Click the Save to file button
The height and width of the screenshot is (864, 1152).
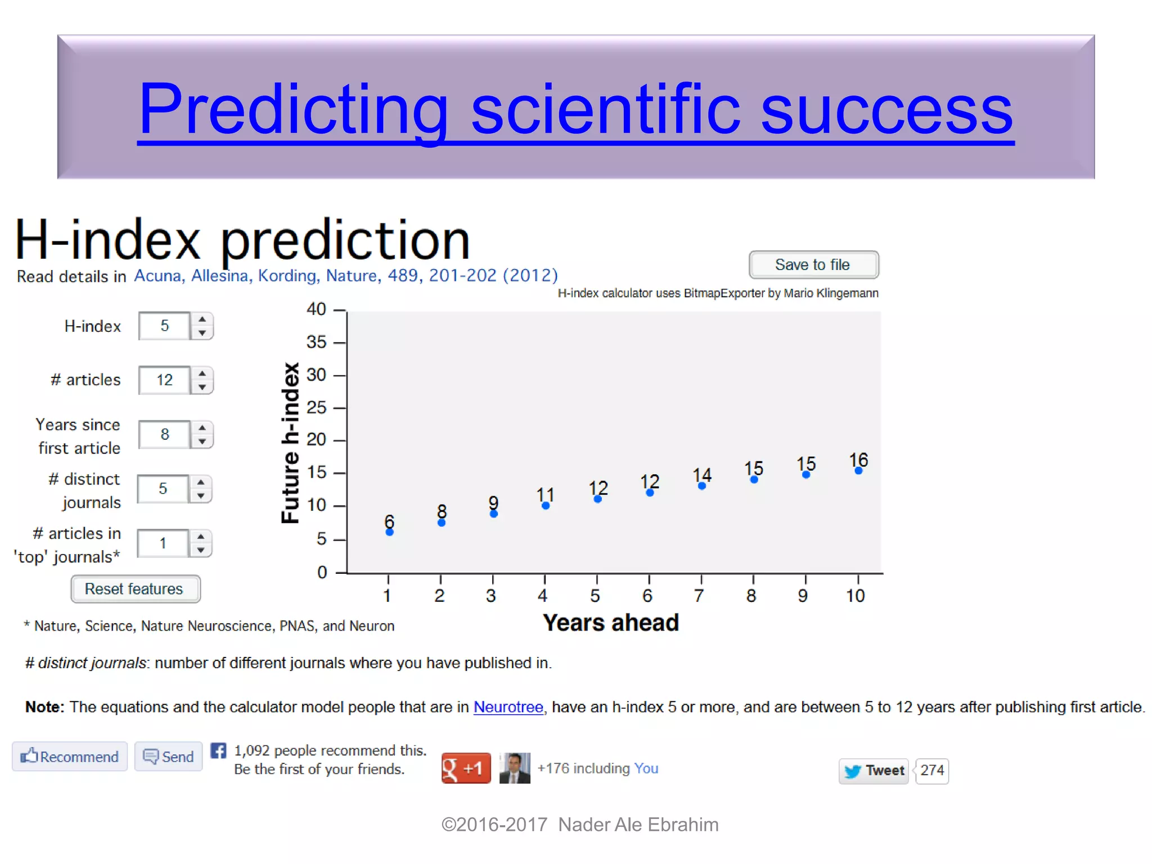[x=813, y=264]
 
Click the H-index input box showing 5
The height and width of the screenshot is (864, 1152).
[x=164, y=326]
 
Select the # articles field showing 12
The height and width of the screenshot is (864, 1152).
[x=164, y=380]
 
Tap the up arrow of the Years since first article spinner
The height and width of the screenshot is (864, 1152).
[x=202, y=427]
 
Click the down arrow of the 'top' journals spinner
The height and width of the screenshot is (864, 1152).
[x=201, y=550]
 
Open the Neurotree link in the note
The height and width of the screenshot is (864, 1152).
[x=508, y=706]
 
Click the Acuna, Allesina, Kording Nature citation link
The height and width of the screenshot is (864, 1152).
[x=345, y=276]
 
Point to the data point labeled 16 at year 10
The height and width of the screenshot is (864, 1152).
[x=858, y=471]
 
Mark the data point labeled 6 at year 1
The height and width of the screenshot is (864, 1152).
[x=389, y=532]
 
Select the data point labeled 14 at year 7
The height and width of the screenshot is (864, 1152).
[x=701, y=486]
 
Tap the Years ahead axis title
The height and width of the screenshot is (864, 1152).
[x=610, y=623]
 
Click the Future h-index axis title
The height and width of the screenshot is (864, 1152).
[x=290, y=443]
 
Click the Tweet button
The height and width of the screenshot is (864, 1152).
[x=873, y=770]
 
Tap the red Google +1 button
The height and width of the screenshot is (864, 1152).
[x=465, y=768]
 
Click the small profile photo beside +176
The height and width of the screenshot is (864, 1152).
[x=514, y=768]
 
